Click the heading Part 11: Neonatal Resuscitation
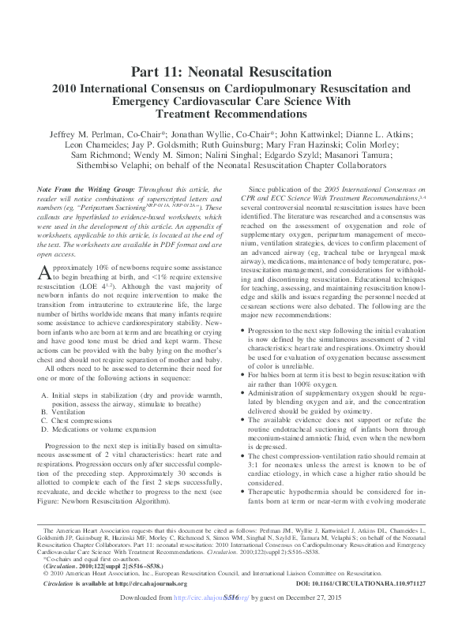[x=231, y=73]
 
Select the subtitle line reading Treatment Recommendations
[x=231, y=114]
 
